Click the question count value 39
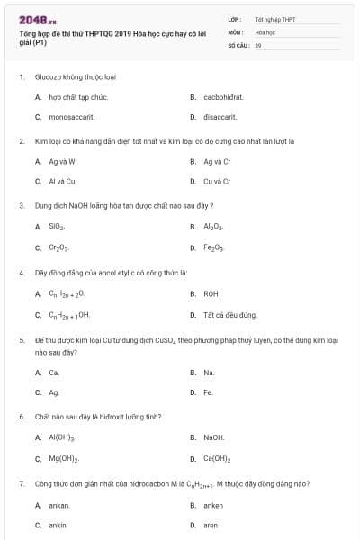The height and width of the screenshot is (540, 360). click(258, 44)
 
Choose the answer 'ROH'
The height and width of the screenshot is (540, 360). click(211, 293)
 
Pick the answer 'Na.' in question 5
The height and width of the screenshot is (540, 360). click(209, 372)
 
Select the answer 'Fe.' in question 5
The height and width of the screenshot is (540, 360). click(208, 392)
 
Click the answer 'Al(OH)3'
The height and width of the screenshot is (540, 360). click(61, 437)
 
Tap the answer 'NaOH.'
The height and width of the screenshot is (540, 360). click(213, 437)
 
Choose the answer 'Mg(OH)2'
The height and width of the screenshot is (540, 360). click(63, 458)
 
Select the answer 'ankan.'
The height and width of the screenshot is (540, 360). click(59, 505)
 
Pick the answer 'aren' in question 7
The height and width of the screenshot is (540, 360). click(211, 525)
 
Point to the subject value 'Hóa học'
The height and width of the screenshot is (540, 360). click(265, 31)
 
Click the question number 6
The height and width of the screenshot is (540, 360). click(22, 417)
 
